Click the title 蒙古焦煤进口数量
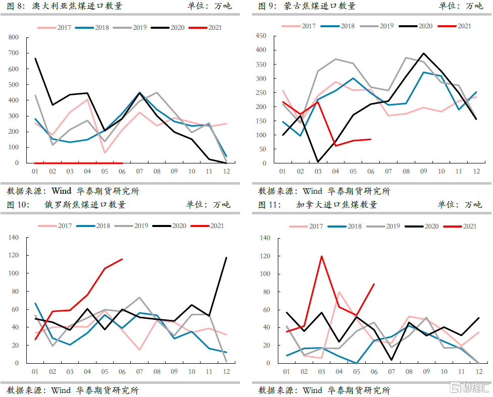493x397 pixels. (x=319, y=6)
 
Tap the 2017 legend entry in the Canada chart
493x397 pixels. (x=316, y=226)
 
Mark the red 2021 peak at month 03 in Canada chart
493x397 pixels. (x=321, y=256)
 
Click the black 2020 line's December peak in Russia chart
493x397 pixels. (x=226, y=258)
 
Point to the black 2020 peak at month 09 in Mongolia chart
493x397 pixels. (x=424, y=53)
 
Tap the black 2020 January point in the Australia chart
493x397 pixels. (x=35, y=59)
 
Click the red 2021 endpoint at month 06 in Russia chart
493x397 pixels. (x=122, y=259)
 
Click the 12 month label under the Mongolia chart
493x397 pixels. (x=475, y=172)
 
